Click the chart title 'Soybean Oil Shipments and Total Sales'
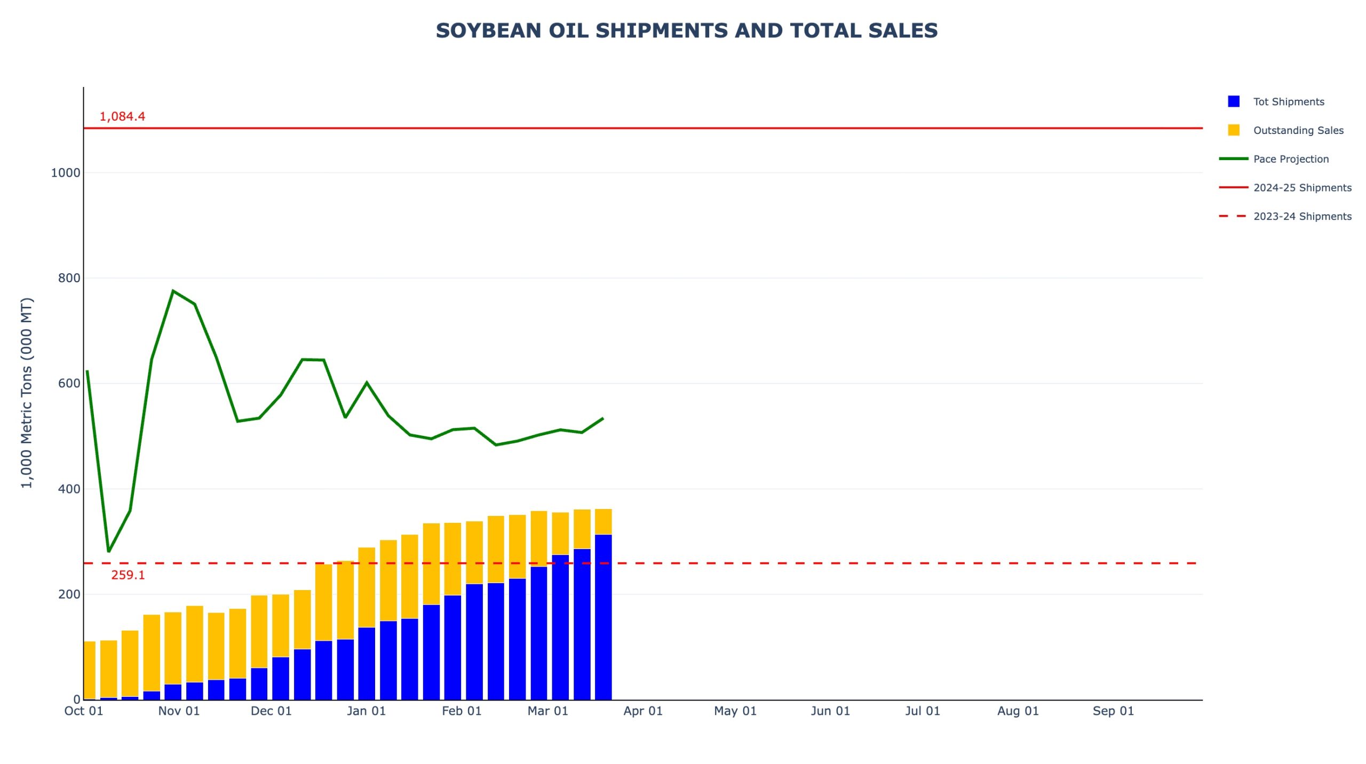click(x=686, y=30)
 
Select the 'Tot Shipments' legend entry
click(x=1288, y=101)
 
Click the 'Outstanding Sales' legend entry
click(x=1297, y=130)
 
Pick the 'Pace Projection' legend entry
click(x=1290, y=159)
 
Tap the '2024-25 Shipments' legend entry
click(x=1301, y=188)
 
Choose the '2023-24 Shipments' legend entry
click(x=1301, y=216)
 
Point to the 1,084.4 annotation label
click(x=122, y=116)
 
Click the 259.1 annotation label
click(x=128, y=575)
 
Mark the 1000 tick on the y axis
click(x=65, y=173)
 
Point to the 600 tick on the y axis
click(x=69, y=383)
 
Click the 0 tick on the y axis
click(x=77, y=699)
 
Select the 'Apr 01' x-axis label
click(x=642, y=711)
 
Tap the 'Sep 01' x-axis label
click(x=1113, y=711)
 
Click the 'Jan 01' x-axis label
click(x=366, y=711)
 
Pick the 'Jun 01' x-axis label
click(x=830, y=711)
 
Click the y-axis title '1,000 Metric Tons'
click(x=27, y=393)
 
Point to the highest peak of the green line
click(x=173, y=291)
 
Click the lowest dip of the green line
click(x=109, y=551)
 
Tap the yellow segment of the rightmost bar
click(x=603, y=521)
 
